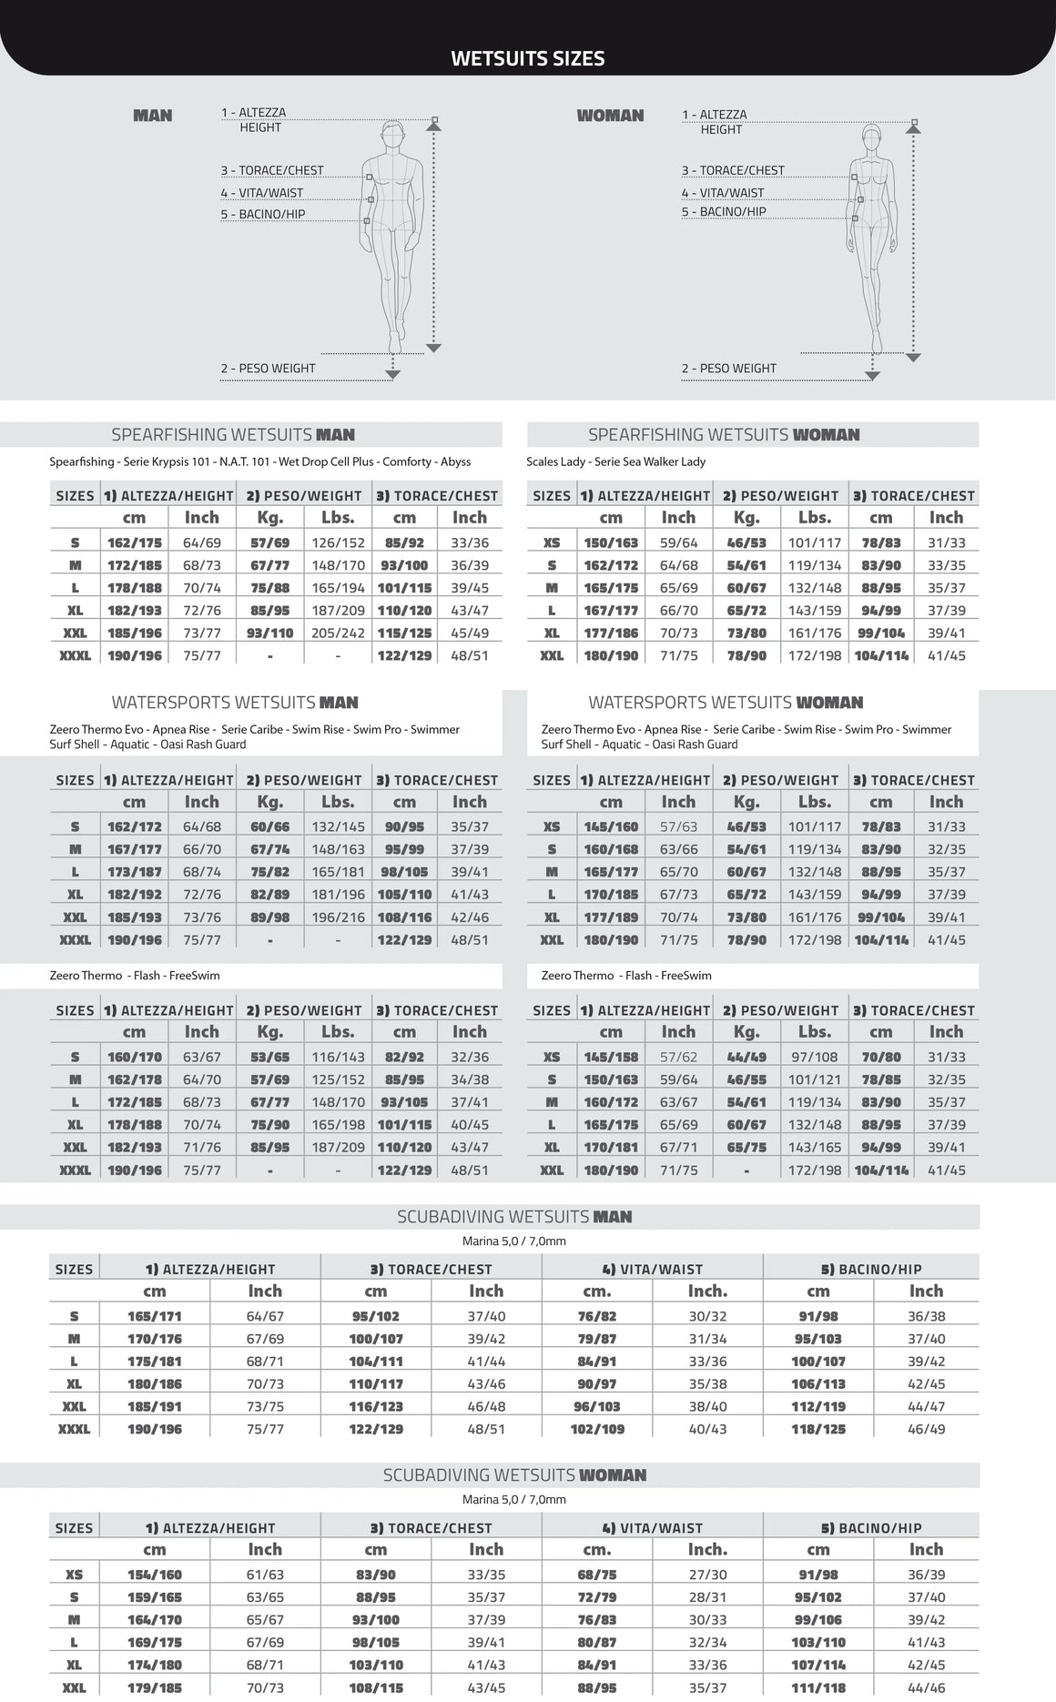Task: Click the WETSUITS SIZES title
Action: coord(528,59)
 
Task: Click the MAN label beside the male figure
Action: coord(153,116)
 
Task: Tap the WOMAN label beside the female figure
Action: coord(610,116)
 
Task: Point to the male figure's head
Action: coord(393,134)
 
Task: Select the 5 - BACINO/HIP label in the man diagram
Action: coord(263,215)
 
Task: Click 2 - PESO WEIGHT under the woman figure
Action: coord(729,369)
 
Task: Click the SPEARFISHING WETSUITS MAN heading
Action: coord(233,435)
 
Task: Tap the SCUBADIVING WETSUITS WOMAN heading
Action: coord(514,1475)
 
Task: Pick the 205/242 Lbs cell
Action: coord(338,633)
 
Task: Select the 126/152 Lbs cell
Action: coord(338,543)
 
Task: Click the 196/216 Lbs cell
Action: coord(338,918)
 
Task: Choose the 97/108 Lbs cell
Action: coord(815,1058)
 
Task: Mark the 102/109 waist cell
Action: coord(597,1430)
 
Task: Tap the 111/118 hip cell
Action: coord(818,1688)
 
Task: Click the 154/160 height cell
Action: coord(155,1575)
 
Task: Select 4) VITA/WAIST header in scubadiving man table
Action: coord(652,1270)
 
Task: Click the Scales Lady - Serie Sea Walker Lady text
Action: coord(615,462)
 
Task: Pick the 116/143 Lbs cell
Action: coord(338,1058)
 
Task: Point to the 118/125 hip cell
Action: coord(818,1430)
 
